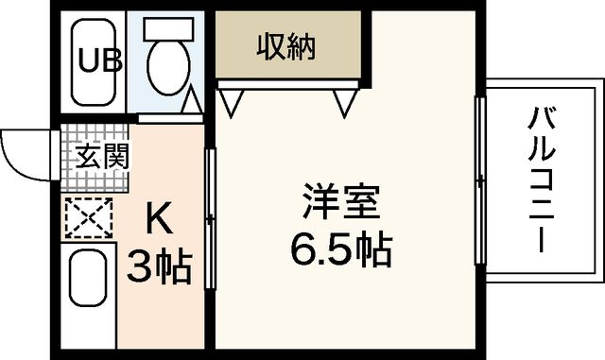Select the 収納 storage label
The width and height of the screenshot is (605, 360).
pos(285,44)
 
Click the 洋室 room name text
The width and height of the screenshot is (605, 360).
pos(341,201)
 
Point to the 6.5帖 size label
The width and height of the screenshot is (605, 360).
pos(341,249)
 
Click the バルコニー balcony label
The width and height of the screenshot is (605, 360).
pos(542,180)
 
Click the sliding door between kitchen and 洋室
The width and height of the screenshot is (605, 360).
pos(210,216)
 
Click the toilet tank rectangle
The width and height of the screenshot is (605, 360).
pos(169,27)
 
